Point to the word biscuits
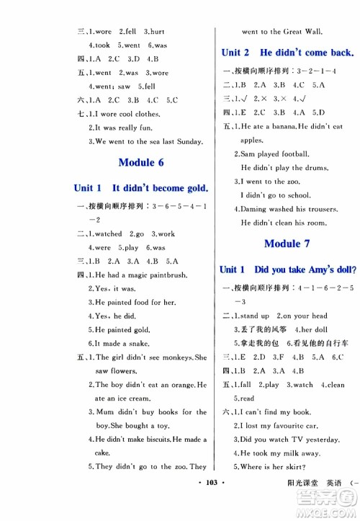168,439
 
